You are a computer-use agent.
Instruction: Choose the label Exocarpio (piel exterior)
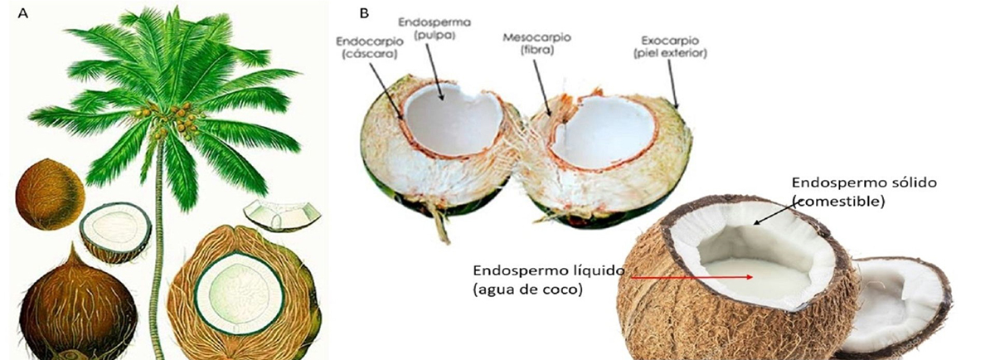tap(668, 46)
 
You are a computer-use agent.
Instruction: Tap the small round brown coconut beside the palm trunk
tap(49, 193)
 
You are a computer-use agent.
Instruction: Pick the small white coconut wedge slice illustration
tap(281, 214)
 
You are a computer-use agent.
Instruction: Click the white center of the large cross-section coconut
tap(241, 291)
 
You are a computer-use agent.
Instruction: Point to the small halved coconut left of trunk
tap(115, 231)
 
